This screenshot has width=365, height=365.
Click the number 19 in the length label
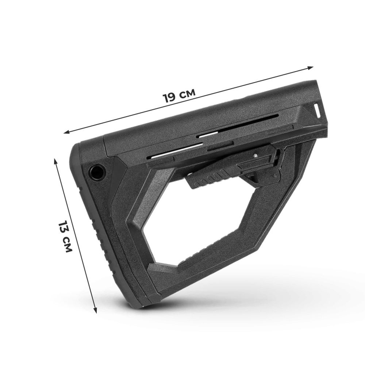tap(169, 97)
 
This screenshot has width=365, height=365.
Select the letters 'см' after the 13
tap(68, 245)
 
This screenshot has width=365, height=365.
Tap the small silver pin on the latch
tap(255, 155)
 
